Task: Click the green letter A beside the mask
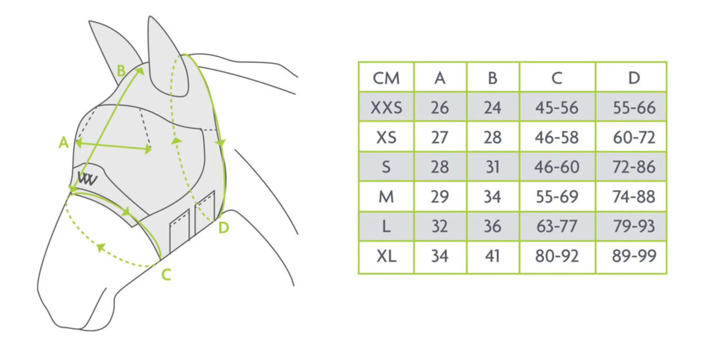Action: tap(63, 142)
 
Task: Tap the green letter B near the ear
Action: tap(121, 71)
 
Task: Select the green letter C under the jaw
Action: tap(166, 275)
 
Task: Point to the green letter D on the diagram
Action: tap(224, 228)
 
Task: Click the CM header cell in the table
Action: tap(386, 78)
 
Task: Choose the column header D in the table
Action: tap(634, 78)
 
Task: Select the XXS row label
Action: tap(386, 107)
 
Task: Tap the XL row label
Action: tap(386, 256)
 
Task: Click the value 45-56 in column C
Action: tap(557, 107)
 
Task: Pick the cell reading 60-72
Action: tap(634, 137)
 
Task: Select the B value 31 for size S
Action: tap(493, 167)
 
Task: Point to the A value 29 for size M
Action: tap(440, 197)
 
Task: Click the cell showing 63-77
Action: tap(557, 226)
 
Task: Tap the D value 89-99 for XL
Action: tap(634, 256)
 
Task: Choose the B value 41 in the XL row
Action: tap(493, 256)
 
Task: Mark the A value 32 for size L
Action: tap(440, 226)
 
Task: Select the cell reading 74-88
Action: tap(634, 197)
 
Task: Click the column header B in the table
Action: tap(493, 78)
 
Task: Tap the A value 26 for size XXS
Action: tap(440, 107)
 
